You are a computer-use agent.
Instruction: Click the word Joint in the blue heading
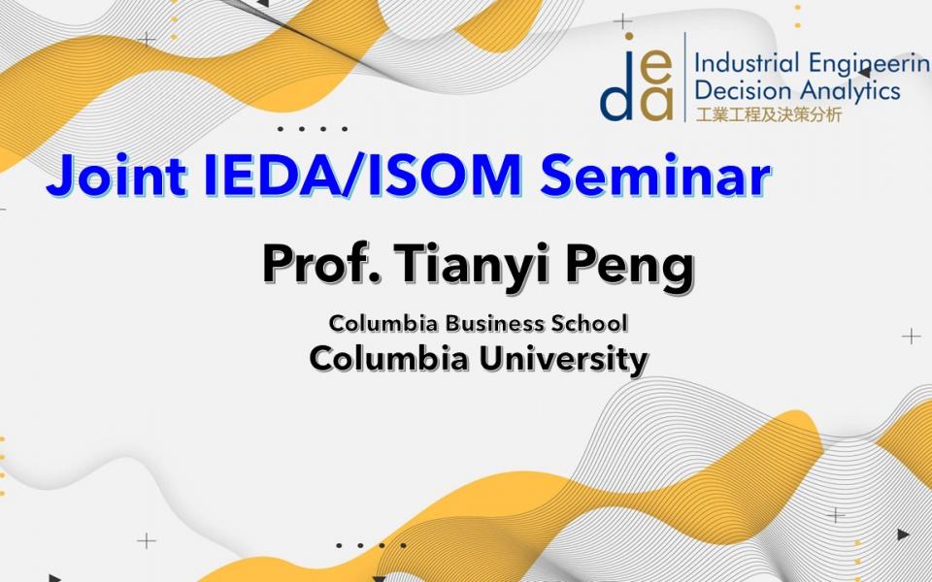[116, 176]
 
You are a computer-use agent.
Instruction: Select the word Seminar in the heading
[655, 176]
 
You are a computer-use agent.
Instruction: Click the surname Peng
[629, 268]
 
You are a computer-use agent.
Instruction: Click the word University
[563, 359]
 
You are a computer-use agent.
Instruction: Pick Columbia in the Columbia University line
[388, 359]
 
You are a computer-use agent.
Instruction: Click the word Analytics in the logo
[849, 91]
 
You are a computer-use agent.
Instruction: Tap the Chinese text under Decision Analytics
[769, 114]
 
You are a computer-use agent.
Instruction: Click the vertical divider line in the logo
[684, 78]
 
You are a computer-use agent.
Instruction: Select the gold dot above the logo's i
[629, 36]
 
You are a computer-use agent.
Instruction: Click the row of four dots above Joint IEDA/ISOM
[312, 129]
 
